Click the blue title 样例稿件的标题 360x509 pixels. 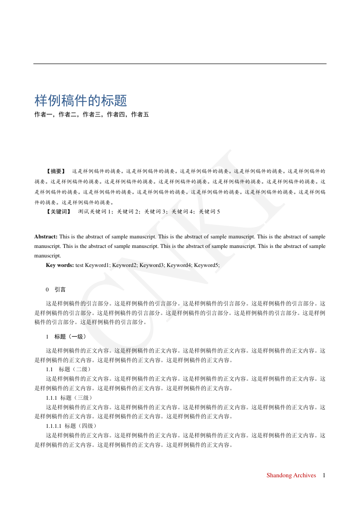point(81,101)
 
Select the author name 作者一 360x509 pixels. point(44,115)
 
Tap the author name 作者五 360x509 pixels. point(140,115)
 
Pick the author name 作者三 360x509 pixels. point(92,115)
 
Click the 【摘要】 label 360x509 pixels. point(56,172)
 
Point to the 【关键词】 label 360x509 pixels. point(58,212)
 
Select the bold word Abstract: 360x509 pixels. point(46,237)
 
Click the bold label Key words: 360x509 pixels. point(60,266)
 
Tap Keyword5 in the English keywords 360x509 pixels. point(207,266)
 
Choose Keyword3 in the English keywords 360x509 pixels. point(152,266)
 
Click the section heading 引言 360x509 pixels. point(60,290)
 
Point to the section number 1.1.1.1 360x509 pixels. point(54,426)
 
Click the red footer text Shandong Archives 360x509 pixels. point(291,475)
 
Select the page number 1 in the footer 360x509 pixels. point(324,475)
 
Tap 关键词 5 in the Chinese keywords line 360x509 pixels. point(209,212)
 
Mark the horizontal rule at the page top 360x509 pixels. point(180,64)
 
